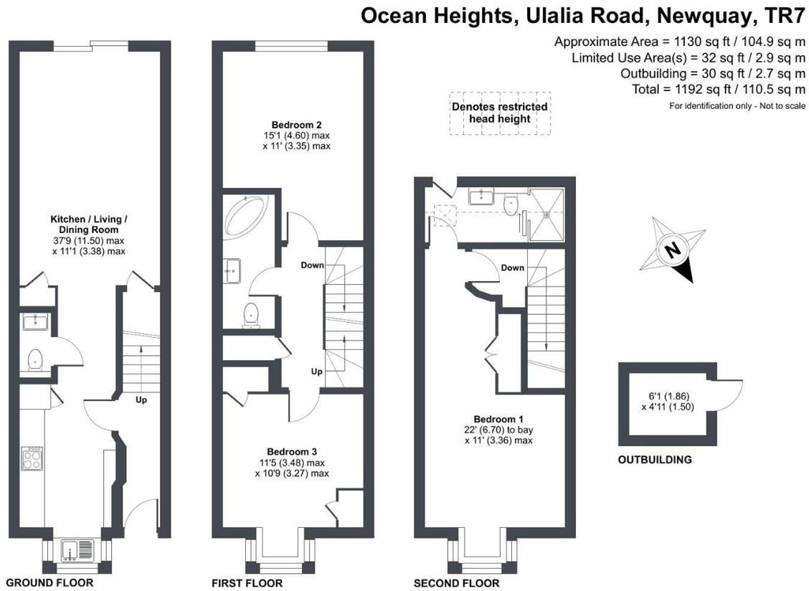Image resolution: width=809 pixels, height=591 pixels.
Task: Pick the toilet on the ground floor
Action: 34,359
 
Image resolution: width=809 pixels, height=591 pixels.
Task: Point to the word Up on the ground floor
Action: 141,399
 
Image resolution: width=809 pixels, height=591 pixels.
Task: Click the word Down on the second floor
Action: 512,268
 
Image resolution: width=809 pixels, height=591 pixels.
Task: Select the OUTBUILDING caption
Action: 655,460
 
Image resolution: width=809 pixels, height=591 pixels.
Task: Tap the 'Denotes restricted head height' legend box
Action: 499,113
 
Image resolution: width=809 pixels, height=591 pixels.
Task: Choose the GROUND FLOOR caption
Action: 49,582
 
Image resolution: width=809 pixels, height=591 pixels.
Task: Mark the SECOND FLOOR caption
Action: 456,583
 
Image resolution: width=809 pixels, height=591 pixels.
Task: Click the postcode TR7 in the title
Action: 783,16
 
